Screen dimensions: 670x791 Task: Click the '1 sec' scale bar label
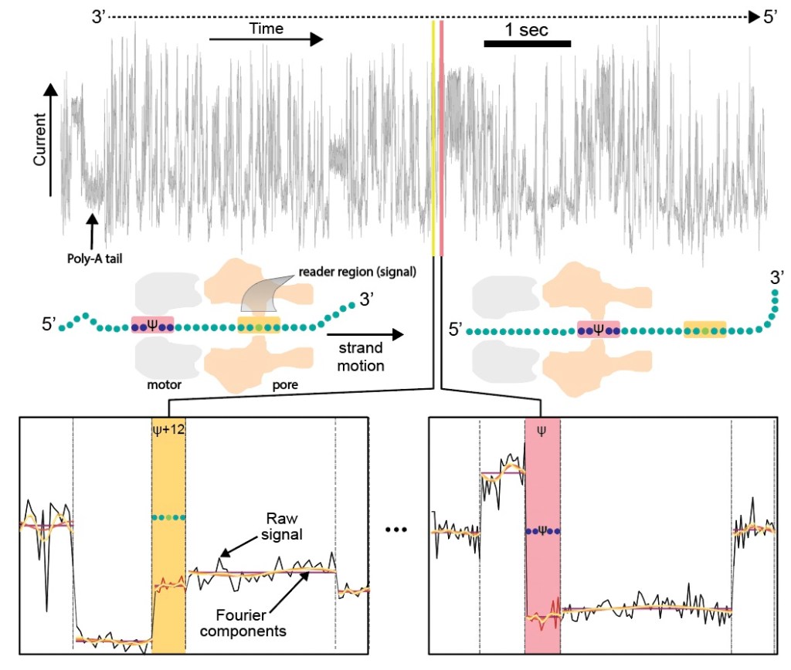527,30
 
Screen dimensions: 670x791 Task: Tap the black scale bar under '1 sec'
528,44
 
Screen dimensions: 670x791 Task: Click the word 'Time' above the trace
266,29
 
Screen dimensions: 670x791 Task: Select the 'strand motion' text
359,357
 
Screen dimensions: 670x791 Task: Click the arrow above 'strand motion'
365,335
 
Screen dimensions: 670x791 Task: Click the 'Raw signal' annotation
266,525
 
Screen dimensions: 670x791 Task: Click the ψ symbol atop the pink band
541,430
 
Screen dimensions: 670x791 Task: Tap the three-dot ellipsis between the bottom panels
399,531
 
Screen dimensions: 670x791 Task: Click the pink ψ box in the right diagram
598,330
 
